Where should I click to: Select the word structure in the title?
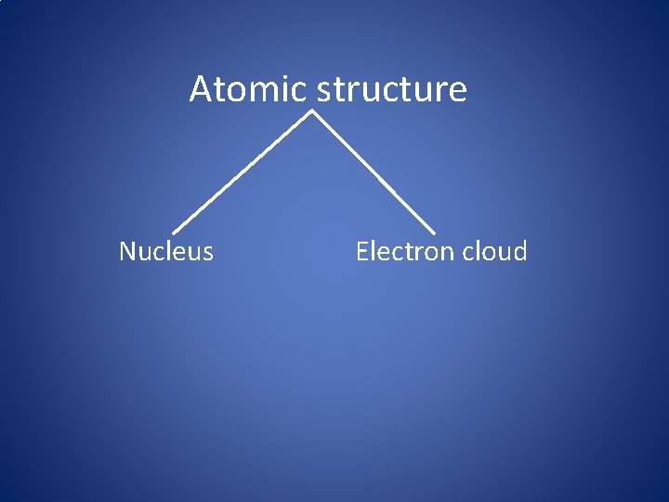392,90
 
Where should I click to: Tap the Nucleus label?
166,252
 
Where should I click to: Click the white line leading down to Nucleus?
242,173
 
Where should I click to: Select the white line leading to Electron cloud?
374,173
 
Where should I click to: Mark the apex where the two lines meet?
311,112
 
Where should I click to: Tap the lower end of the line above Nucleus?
175,231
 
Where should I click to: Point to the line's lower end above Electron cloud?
433,231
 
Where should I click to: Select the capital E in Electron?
362,252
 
